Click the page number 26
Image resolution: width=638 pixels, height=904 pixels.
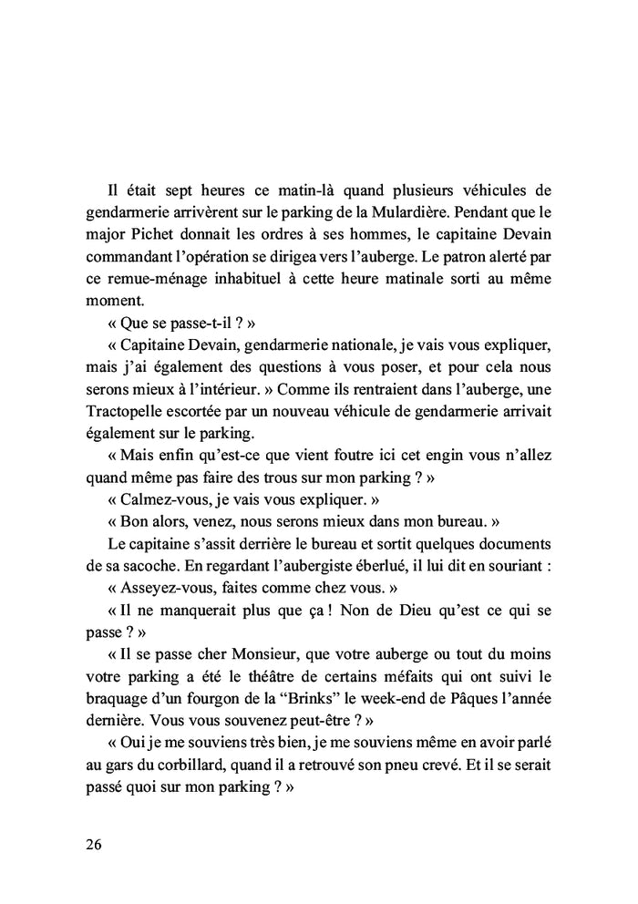94,843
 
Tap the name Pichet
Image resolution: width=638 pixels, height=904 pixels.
144,237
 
